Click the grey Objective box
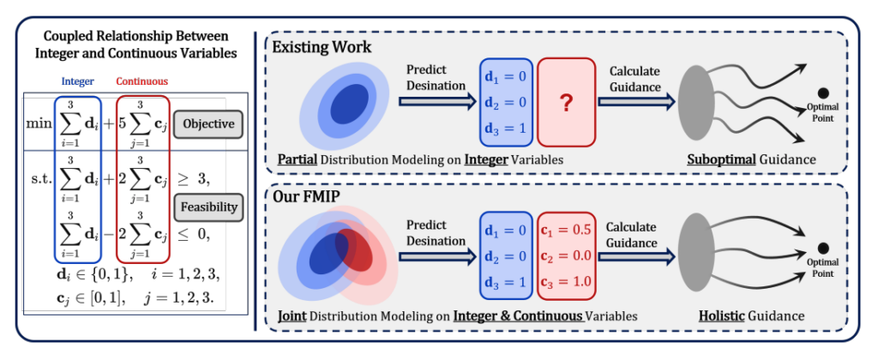208,123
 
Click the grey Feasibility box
209,207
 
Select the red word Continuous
141,81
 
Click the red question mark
566,104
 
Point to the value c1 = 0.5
565,230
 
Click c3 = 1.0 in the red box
565,281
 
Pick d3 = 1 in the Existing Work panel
507,129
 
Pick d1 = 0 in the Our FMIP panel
507,230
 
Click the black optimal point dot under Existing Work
823,93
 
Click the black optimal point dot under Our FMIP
823,248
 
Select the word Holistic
722,315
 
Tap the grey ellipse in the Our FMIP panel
695,258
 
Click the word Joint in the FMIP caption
292,315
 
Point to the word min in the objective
38,123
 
